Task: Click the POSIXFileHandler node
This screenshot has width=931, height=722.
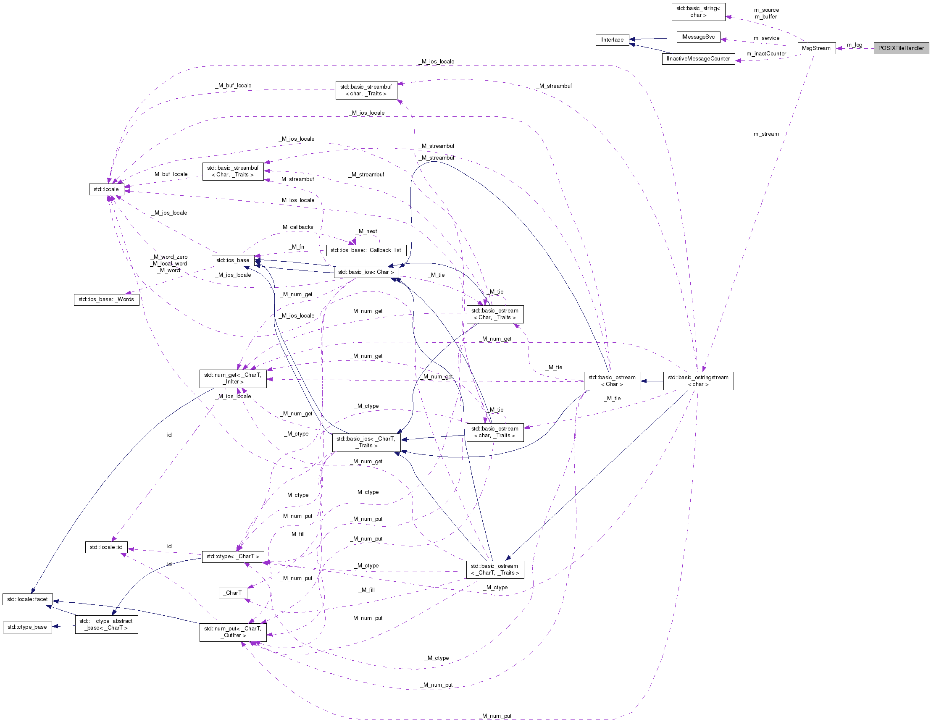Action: [x=901, y=48]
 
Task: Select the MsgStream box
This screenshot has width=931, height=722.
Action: [x=816, y=48]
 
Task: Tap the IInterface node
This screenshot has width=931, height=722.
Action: [x=612, y=39]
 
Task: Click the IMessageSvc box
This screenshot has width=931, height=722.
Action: [x=698, y=37]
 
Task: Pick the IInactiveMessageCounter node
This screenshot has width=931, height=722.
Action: [x=698, y=59]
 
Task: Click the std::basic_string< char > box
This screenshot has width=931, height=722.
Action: [x=698, y=12]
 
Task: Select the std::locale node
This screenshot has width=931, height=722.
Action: [x=106, y=189]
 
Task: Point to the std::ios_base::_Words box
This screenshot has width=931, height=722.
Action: [x=106, y=299]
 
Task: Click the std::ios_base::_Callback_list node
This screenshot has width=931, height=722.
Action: [x=366, y=250]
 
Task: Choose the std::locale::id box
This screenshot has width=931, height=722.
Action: [x=106, y=547]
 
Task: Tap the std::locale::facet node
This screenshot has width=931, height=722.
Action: [x=27, y=599]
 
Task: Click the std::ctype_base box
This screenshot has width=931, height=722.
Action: [x=27, y=627]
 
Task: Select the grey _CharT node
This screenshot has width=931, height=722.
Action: [x=233, y=593]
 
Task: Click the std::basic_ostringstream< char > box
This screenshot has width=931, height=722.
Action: [x=698, y=381]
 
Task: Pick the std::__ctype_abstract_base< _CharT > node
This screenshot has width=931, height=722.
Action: [x=106, y=625]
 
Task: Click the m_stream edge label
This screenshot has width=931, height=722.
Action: [x=765, y=134]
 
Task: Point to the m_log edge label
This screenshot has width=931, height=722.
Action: [x=854, y=45]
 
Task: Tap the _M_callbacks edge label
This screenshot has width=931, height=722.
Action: [x=297, y=227]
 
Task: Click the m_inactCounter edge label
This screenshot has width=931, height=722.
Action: [x=766, y=54]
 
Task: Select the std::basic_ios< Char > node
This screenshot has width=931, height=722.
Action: [x=366, y=272]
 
